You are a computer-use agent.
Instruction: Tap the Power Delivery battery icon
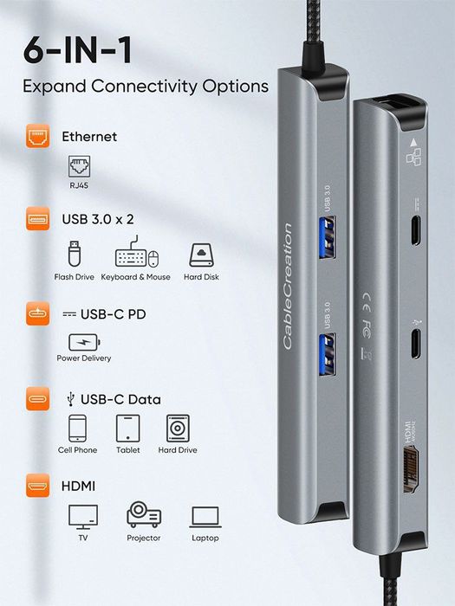tap(83, 340)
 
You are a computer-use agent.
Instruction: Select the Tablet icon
tap(128, 429)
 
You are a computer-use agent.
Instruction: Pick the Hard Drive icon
tap(178, 429)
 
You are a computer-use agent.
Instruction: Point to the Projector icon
tap(144, 515)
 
